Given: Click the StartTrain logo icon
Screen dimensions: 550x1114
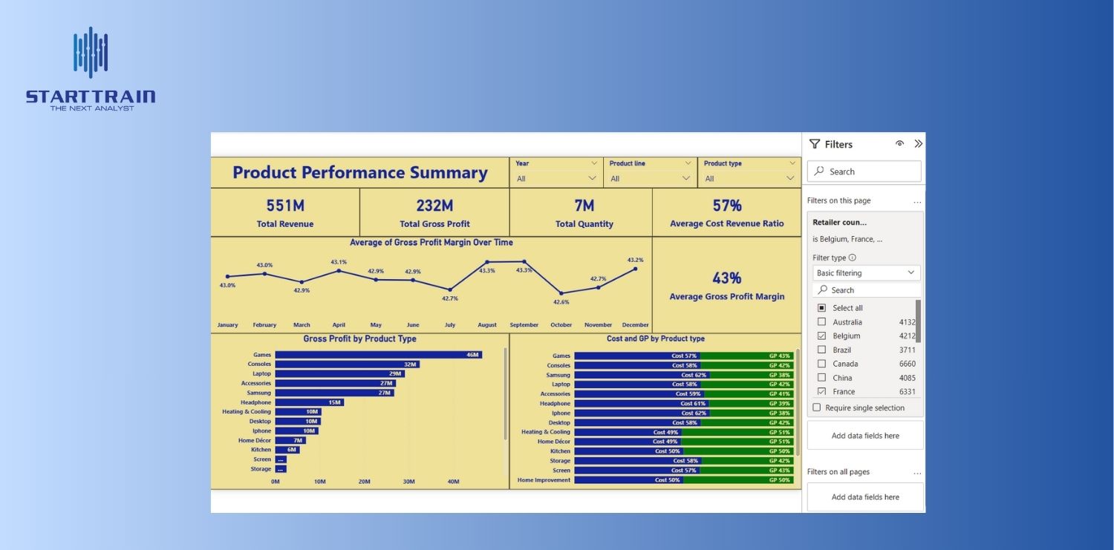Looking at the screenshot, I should pos(91,53).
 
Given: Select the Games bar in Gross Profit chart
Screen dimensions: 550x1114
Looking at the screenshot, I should pos(378,355).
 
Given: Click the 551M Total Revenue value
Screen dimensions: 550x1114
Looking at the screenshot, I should pos(285,206).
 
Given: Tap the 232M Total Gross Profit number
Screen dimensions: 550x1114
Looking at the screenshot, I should pos(434,206).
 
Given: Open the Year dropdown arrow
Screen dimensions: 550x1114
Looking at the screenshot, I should pos(593,178).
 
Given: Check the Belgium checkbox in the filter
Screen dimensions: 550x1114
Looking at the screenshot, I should pos(821,336).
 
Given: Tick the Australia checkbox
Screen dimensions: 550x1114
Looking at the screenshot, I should pos(821,322).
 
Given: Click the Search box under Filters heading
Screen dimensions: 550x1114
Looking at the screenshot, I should pos(865,171).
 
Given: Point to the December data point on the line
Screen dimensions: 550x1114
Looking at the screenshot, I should pos(636,269).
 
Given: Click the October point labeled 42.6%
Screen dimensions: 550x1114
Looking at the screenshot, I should pos(561,293).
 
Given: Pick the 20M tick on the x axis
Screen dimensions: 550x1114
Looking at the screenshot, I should pos(365,482).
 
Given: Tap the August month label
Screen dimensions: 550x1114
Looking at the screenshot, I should pos(487,325).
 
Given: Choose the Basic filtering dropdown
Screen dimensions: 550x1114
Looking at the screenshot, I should pos(866,273).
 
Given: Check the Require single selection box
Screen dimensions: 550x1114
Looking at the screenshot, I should pos(817,407).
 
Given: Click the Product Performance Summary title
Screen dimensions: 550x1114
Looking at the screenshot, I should pos(360,173).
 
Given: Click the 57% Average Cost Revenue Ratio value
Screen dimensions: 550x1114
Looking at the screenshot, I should pos(726,206).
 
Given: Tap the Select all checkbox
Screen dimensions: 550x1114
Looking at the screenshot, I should pos(821,308).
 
